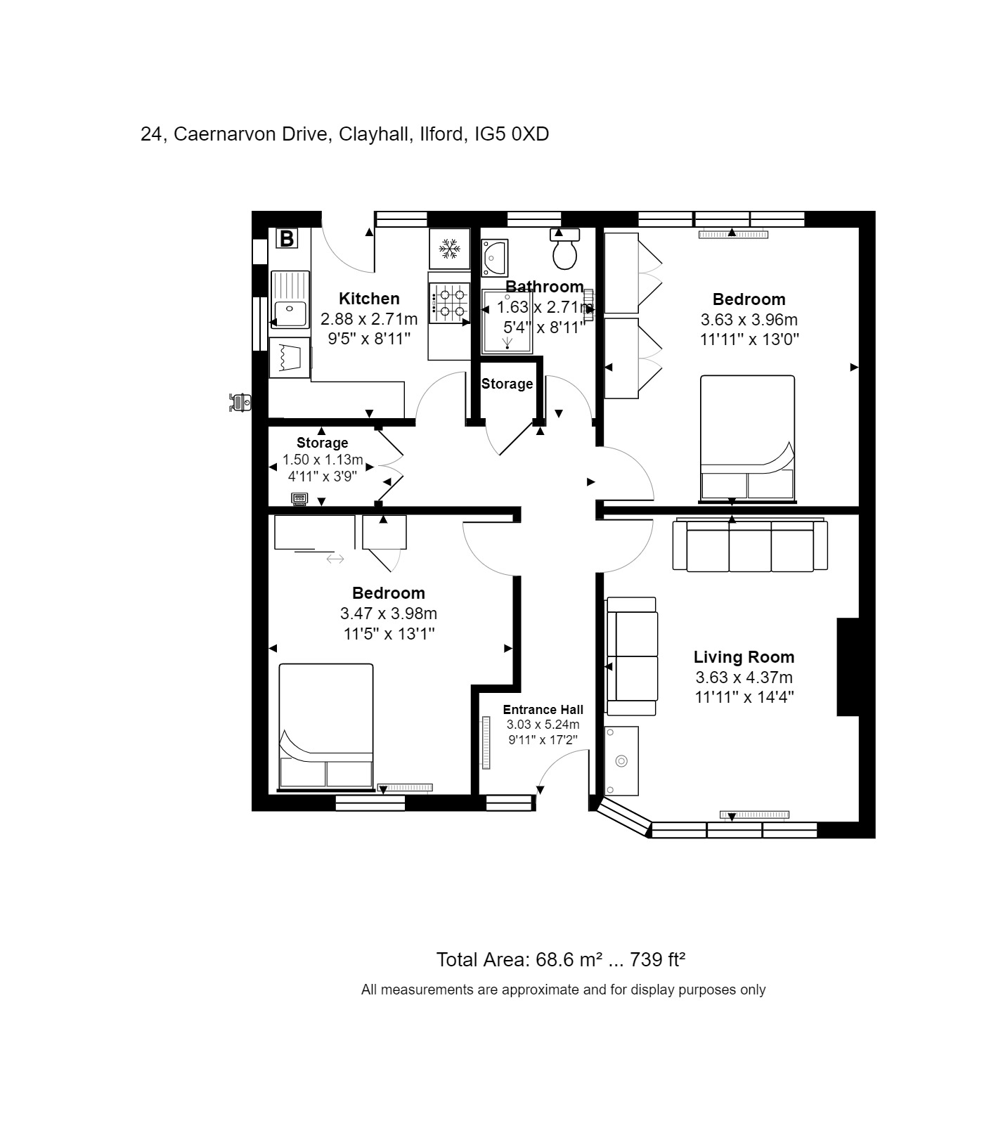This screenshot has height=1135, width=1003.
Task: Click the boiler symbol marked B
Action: [287, 239]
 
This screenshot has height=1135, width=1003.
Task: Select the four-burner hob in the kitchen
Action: [449, 303]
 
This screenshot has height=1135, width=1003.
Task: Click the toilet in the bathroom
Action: [564, 251]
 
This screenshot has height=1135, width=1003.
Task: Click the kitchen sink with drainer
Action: [290, 299]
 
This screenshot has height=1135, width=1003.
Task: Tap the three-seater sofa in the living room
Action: [750, 546]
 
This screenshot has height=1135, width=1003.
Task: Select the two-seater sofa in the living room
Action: [632, 656]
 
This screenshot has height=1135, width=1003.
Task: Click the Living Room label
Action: [744, 657]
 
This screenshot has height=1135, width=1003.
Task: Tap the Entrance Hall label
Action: [543, 710]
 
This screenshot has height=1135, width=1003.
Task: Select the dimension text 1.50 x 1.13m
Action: [323, 460]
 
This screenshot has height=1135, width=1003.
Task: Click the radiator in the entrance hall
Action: [485, 743]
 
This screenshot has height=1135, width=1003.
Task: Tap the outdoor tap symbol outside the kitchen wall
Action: [240, 403]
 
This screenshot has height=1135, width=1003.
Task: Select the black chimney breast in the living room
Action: [848, 666]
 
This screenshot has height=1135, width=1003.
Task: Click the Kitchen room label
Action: [369, 298]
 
